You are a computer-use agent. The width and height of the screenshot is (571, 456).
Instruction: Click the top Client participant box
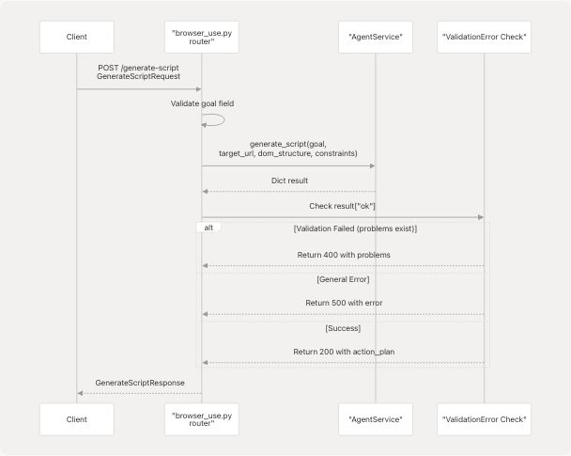(x=77, y=36)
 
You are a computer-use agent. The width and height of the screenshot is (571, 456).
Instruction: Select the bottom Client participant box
(x=77, y=419)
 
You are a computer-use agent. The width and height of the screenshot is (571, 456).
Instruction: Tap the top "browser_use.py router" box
(x=201, y=36)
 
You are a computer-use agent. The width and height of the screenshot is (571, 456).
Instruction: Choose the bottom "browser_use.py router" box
(x=201, y=419)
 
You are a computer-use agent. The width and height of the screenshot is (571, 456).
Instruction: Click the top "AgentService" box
(x=375, y=36)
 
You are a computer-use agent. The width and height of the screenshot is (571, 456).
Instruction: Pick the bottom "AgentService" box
(x=375, y=419)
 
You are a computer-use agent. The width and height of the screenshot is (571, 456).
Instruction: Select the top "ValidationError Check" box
(x=485, y=36)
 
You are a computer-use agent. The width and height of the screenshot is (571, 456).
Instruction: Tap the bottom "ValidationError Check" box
(x=485, y=419)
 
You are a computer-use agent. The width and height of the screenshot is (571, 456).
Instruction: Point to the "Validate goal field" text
(x=201, y=102)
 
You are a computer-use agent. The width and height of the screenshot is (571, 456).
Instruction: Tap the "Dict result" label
(x=290, y=181)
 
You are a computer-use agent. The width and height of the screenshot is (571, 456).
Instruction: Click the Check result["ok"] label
(x=343, y=206)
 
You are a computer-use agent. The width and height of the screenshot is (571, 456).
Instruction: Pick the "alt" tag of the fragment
(x=208, y=228)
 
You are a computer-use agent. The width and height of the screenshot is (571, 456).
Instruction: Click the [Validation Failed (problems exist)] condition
(x=355, y=228)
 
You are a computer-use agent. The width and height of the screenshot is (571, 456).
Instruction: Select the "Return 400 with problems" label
(x=343, y=255)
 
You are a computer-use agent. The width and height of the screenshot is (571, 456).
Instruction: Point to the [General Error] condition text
(x=343, y=280)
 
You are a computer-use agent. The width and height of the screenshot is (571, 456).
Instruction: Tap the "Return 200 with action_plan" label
(x=343, y=351)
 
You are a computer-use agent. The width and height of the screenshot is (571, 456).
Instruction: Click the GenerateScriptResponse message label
(x=138, y=383)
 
